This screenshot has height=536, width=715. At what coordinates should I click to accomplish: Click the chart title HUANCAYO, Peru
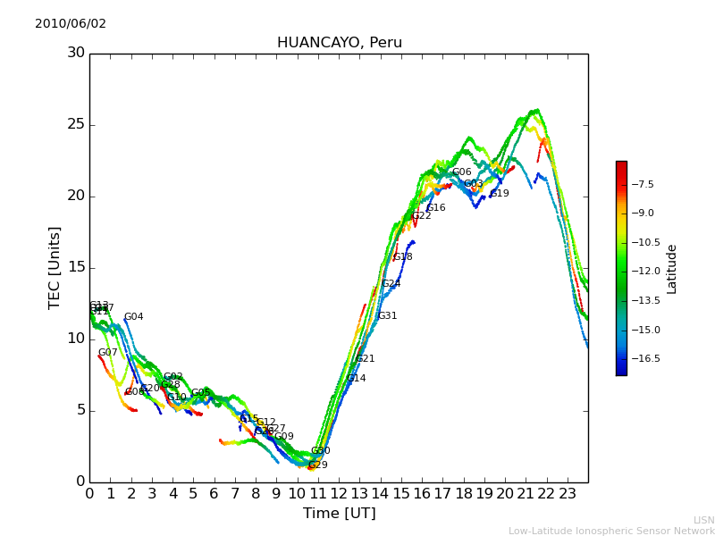coord(339,43)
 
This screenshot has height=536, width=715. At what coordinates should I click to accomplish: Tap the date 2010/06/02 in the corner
coord(71,24)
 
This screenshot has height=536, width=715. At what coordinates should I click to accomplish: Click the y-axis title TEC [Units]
coord(55,267)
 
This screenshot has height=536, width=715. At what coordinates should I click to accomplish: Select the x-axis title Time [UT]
coord(339,514)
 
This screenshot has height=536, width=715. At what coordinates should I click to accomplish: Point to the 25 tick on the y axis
coord(76,124)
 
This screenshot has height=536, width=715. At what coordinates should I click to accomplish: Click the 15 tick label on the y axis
coord(76,267)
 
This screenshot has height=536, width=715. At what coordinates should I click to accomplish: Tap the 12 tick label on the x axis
coord(339,493)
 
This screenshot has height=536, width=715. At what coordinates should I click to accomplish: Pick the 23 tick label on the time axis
coord(568,493)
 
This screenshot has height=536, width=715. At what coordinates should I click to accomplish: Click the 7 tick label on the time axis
coord(235,493)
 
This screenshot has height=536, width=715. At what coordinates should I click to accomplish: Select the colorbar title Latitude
coord(672,268)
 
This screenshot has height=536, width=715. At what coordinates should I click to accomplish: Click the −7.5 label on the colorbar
coord(643,185)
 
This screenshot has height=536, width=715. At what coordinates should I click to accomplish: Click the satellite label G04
coord(133,317)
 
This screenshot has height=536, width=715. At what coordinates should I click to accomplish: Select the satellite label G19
coord(500,194)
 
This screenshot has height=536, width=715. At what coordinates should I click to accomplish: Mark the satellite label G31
coord(387,316)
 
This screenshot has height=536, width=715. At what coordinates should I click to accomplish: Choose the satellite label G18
coord(402,257)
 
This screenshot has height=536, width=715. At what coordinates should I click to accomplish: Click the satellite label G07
coord(107,353)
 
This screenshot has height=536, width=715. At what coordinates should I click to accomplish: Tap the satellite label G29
coord(318,465)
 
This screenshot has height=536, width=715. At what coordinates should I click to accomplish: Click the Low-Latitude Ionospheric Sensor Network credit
coord(611,532)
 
